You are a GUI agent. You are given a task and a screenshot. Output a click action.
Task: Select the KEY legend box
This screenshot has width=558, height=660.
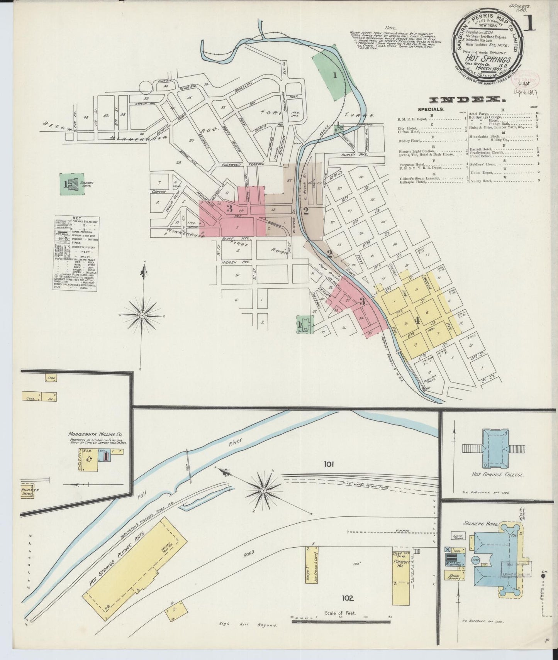(x=75, y=253)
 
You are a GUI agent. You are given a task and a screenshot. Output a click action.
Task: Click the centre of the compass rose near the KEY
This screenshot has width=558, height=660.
(x=142, y=315)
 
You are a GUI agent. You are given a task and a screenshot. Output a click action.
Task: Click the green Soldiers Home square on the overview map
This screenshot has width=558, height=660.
(x=70, y=184)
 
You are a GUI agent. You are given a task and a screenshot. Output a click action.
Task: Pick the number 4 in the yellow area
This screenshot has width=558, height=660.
(x=417, y=320)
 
